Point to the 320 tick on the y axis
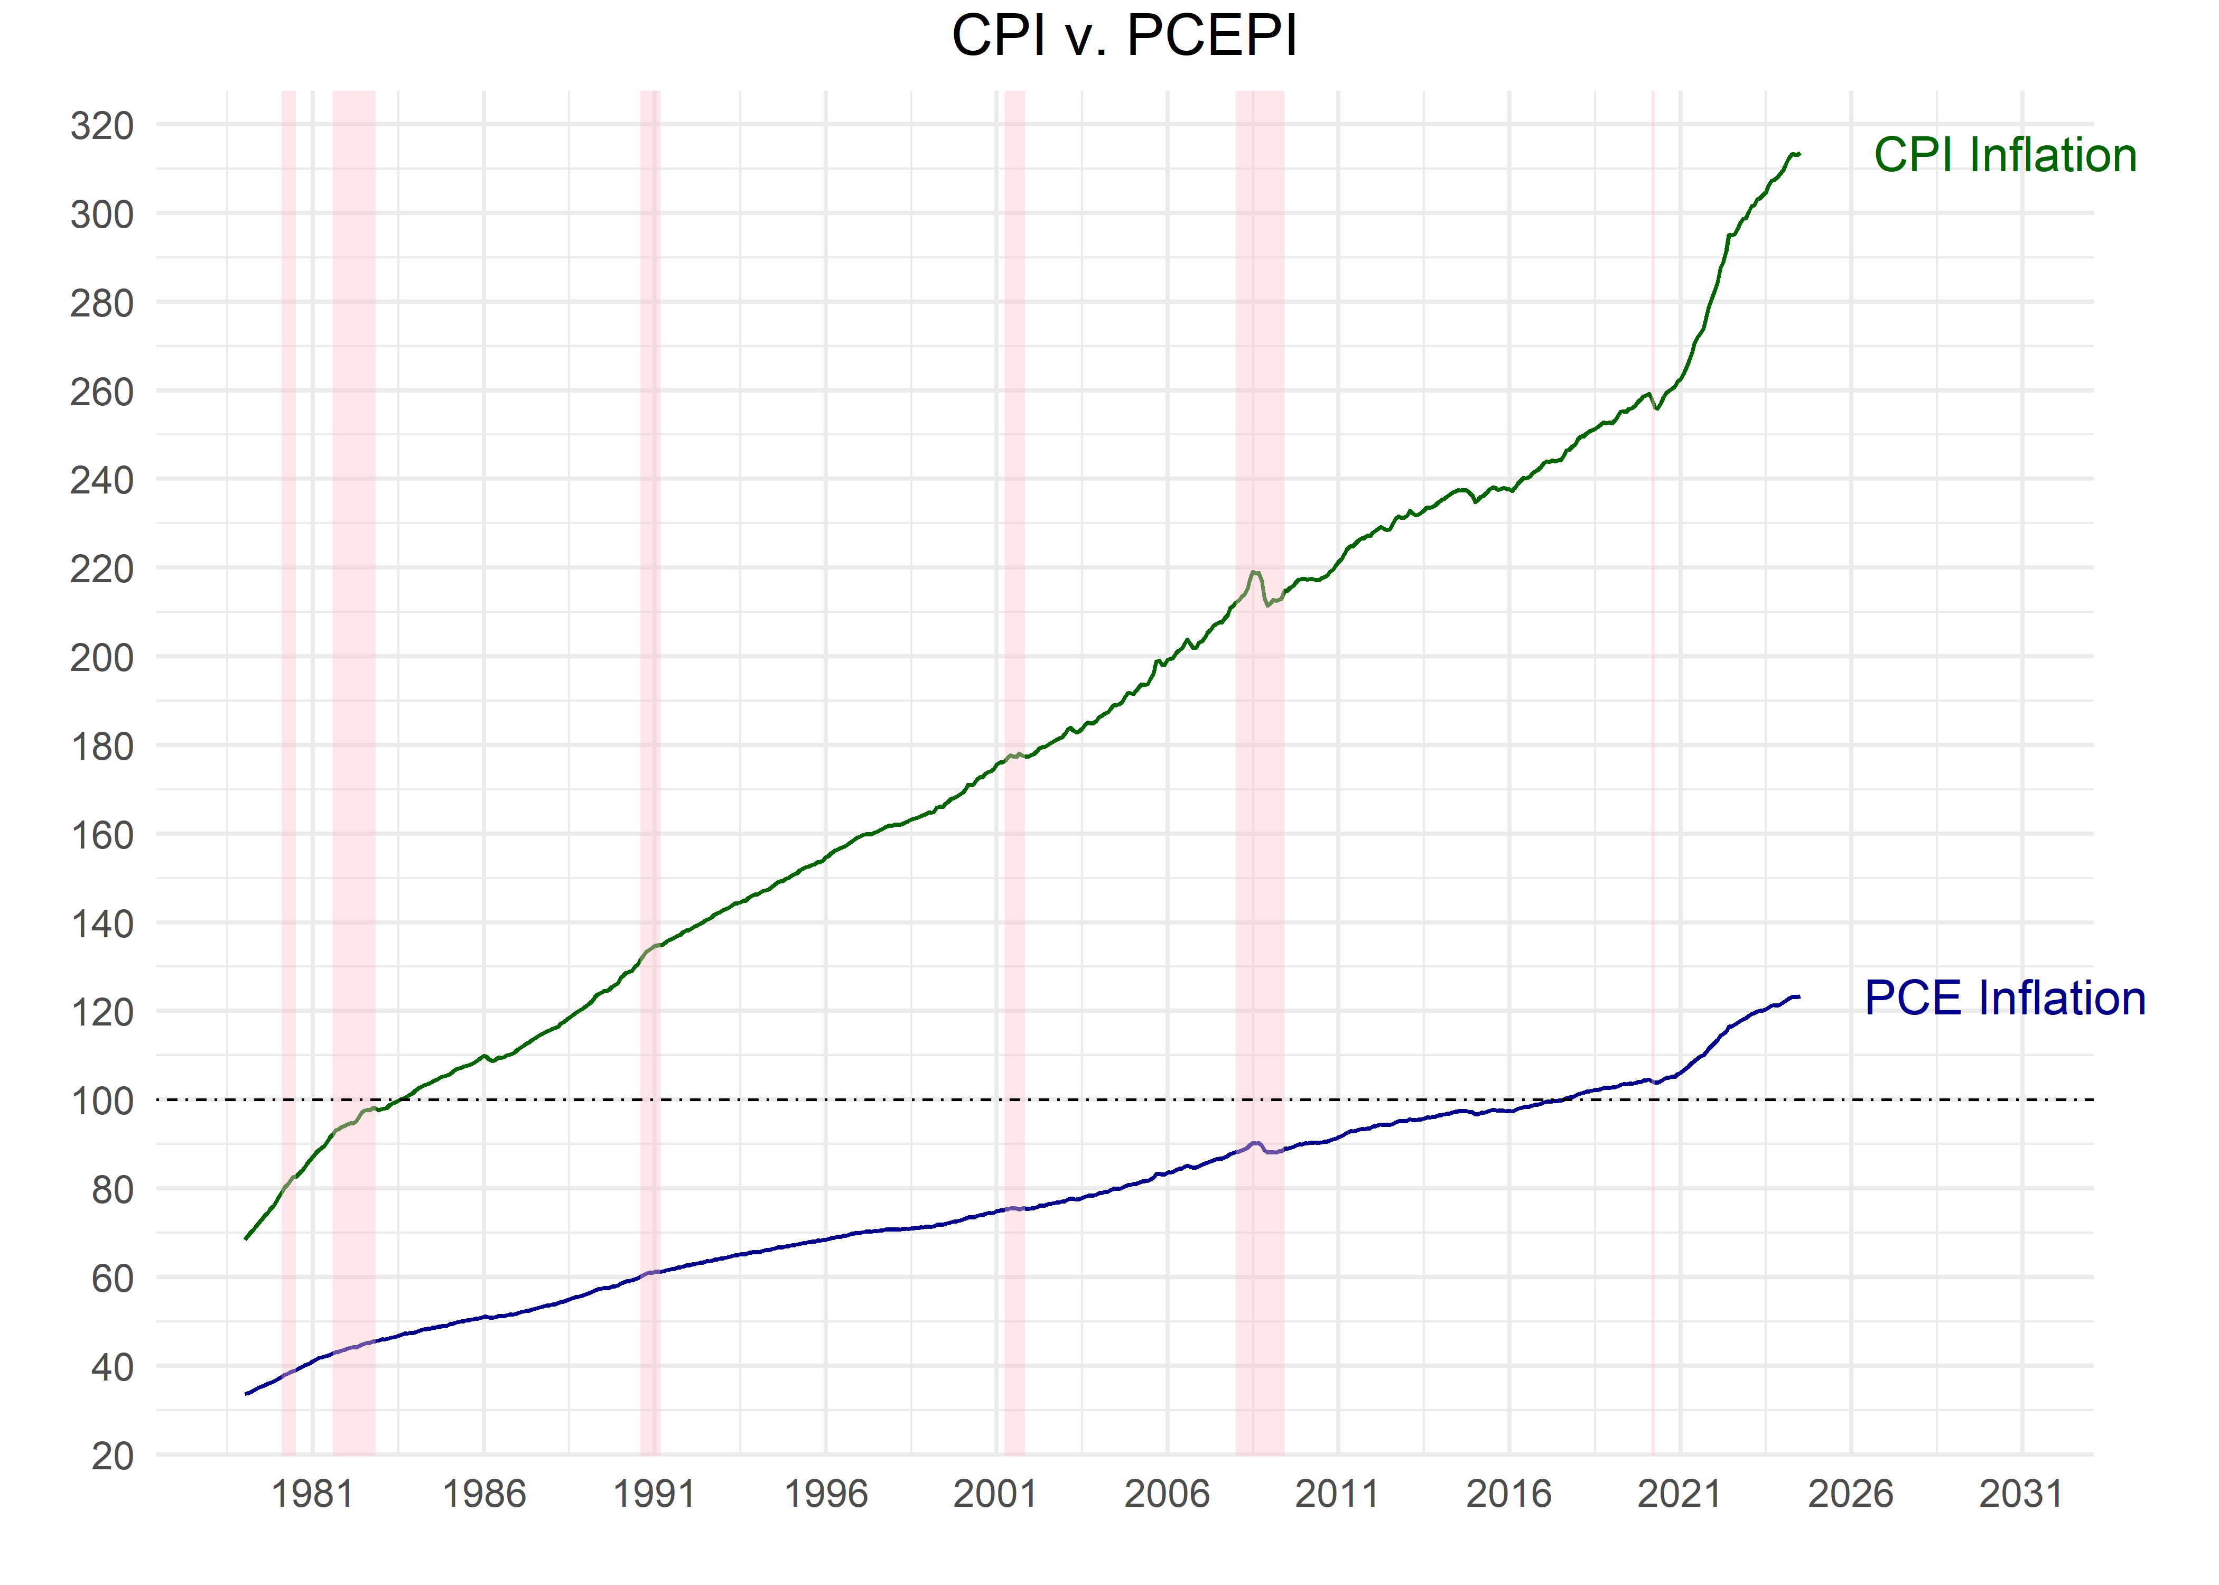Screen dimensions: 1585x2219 [x=101, y=126]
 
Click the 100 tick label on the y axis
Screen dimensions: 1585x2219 [x=101, y=1101]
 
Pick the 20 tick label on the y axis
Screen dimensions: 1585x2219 [x=112, y=1456]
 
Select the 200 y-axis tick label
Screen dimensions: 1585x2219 [x=101, y=658]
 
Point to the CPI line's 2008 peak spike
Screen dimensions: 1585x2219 [x=1255, y=573]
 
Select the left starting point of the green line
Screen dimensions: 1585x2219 [x=246, y=1238]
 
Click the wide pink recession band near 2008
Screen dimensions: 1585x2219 [x=1259, y=781]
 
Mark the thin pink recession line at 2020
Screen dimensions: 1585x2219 [x=1653, y=781]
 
